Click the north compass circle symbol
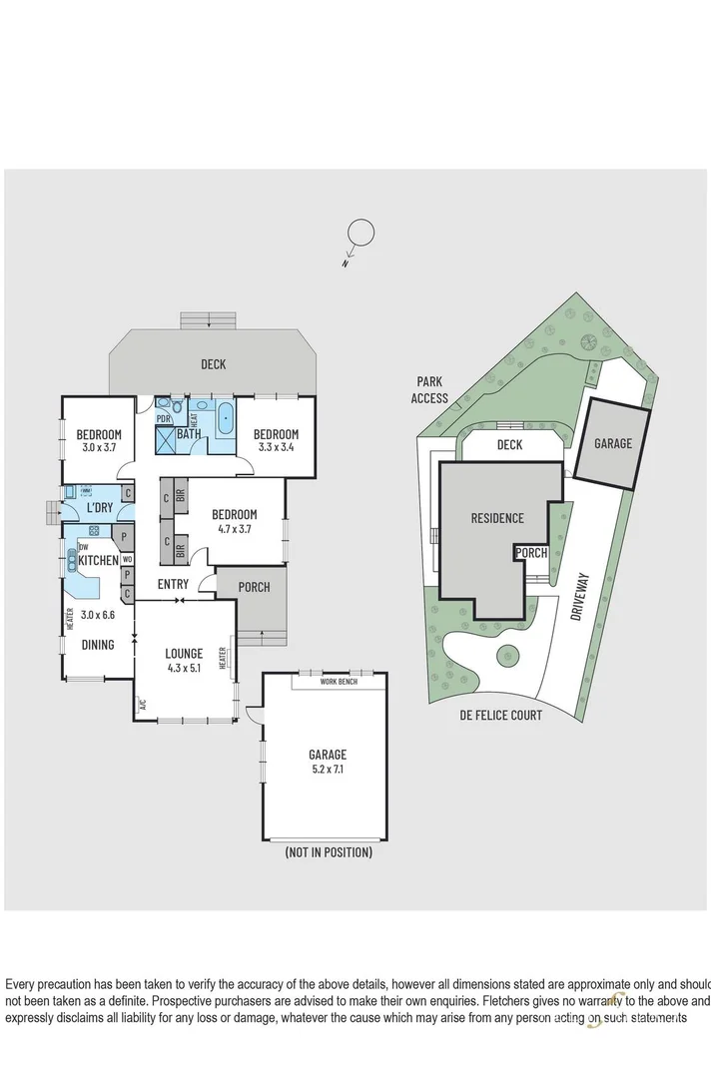[359, 235]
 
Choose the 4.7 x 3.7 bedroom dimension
[235, 529]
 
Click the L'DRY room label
[99, 508]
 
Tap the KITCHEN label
[99, 560]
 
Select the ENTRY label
[173, 585]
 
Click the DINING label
[98, 645]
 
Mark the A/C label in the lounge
[142, 704]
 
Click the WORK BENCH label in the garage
[339, 681]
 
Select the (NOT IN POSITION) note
[329, 852]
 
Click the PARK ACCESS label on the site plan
[429, 389]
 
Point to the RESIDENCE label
[497, 518]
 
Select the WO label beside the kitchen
[128, 560]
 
